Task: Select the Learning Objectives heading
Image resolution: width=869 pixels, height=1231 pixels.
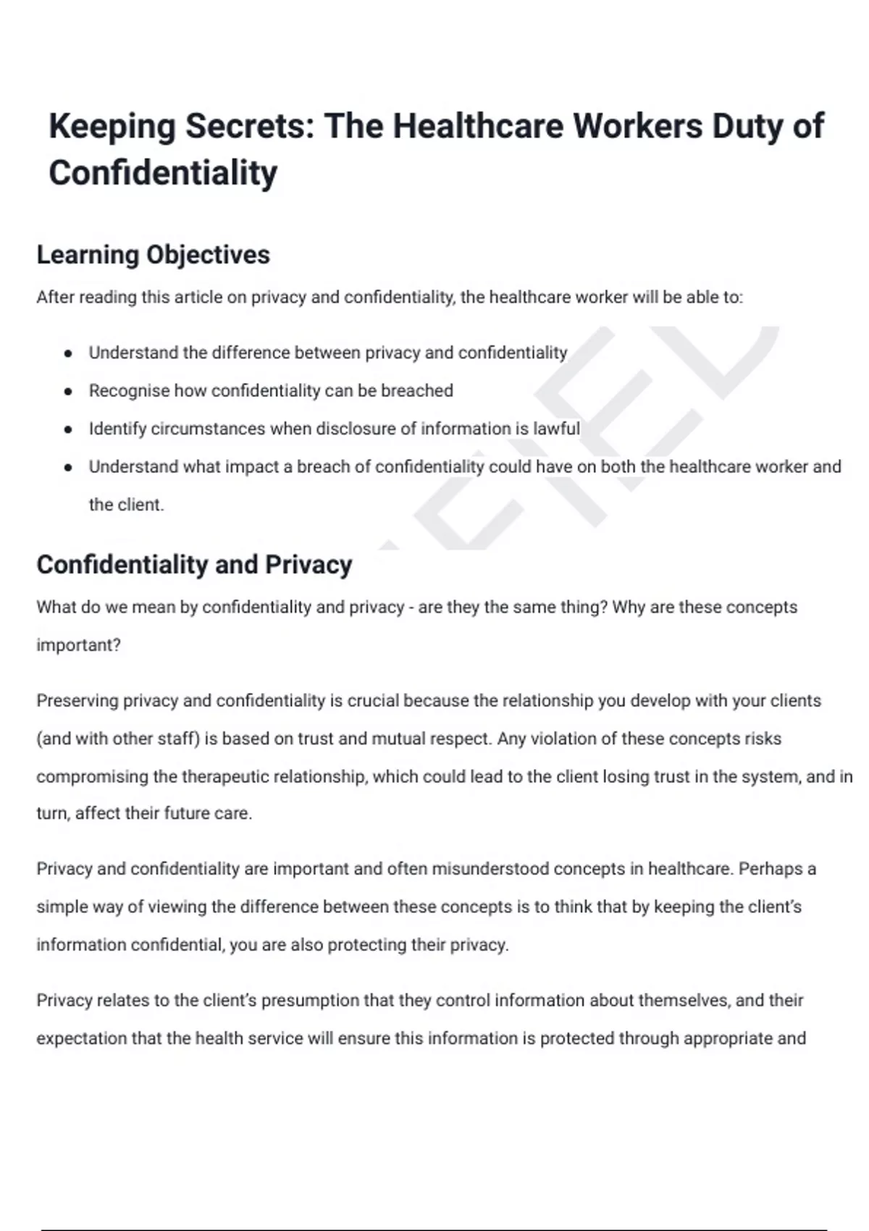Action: click(153, 255)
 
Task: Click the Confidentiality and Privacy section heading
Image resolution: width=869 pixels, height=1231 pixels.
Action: click(194, 565)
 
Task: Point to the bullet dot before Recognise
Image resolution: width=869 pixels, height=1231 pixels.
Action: click(68, 392)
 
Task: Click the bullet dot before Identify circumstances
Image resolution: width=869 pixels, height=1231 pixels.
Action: click(68, 429)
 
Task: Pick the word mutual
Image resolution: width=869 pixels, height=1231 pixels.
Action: click(397, 739)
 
